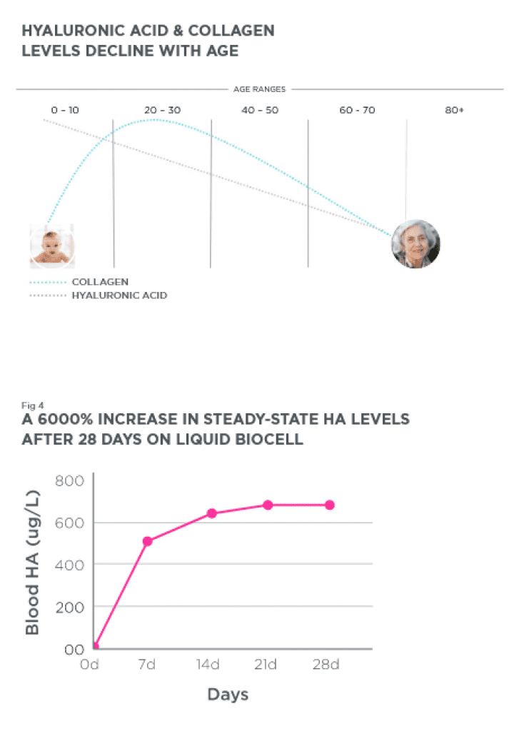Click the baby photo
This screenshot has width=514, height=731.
pyautogui.click(x=51, y=246)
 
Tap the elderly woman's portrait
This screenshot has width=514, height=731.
pyautogui.click(x=415, y=244)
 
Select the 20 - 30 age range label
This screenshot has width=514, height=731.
pyautogui.click(x=162, y=111)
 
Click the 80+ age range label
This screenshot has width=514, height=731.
pyautogui.click(x=455, y=111)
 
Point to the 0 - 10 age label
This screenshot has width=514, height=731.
pyautogui.click(x=65, y=111)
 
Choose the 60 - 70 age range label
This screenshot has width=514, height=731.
pyautogui.click(x=357, y=111)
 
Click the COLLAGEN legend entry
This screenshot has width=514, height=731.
pyautogui.click(x=100, y=282)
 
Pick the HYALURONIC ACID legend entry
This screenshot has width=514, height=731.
pyautogui.click(x=119, y=295)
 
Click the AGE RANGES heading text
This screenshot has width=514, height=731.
pyautogui.click(x=259, y=90)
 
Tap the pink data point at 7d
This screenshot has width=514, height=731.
pyautogui.click(x=148, y=541)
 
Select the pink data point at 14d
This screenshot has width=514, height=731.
pyautogui.click(x=211, y=513)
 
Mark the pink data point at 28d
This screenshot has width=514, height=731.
pyautogui.click(x=329, y=505)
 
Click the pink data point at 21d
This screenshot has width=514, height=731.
pyautogui.click(x=268, y=505)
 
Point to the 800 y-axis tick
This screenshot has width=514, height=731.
pyautogui.click(x=69, y=480)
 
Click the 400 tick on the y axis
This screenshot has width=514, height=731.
pyautogui.click(x=69, y=565)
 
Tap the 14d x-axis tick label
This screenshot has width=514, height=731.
pyautogui.click(x=207, y=665)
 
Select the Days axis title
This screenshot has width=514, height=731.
pyautogui.click(x=228, y=694)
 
